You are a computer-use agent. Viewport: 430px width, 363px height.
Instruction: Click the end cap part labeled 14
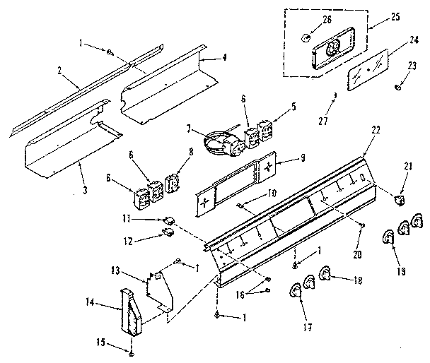coord(133,308)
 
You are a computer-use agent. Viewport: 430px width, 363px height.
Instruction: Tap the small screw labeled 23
coord(398,88)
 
